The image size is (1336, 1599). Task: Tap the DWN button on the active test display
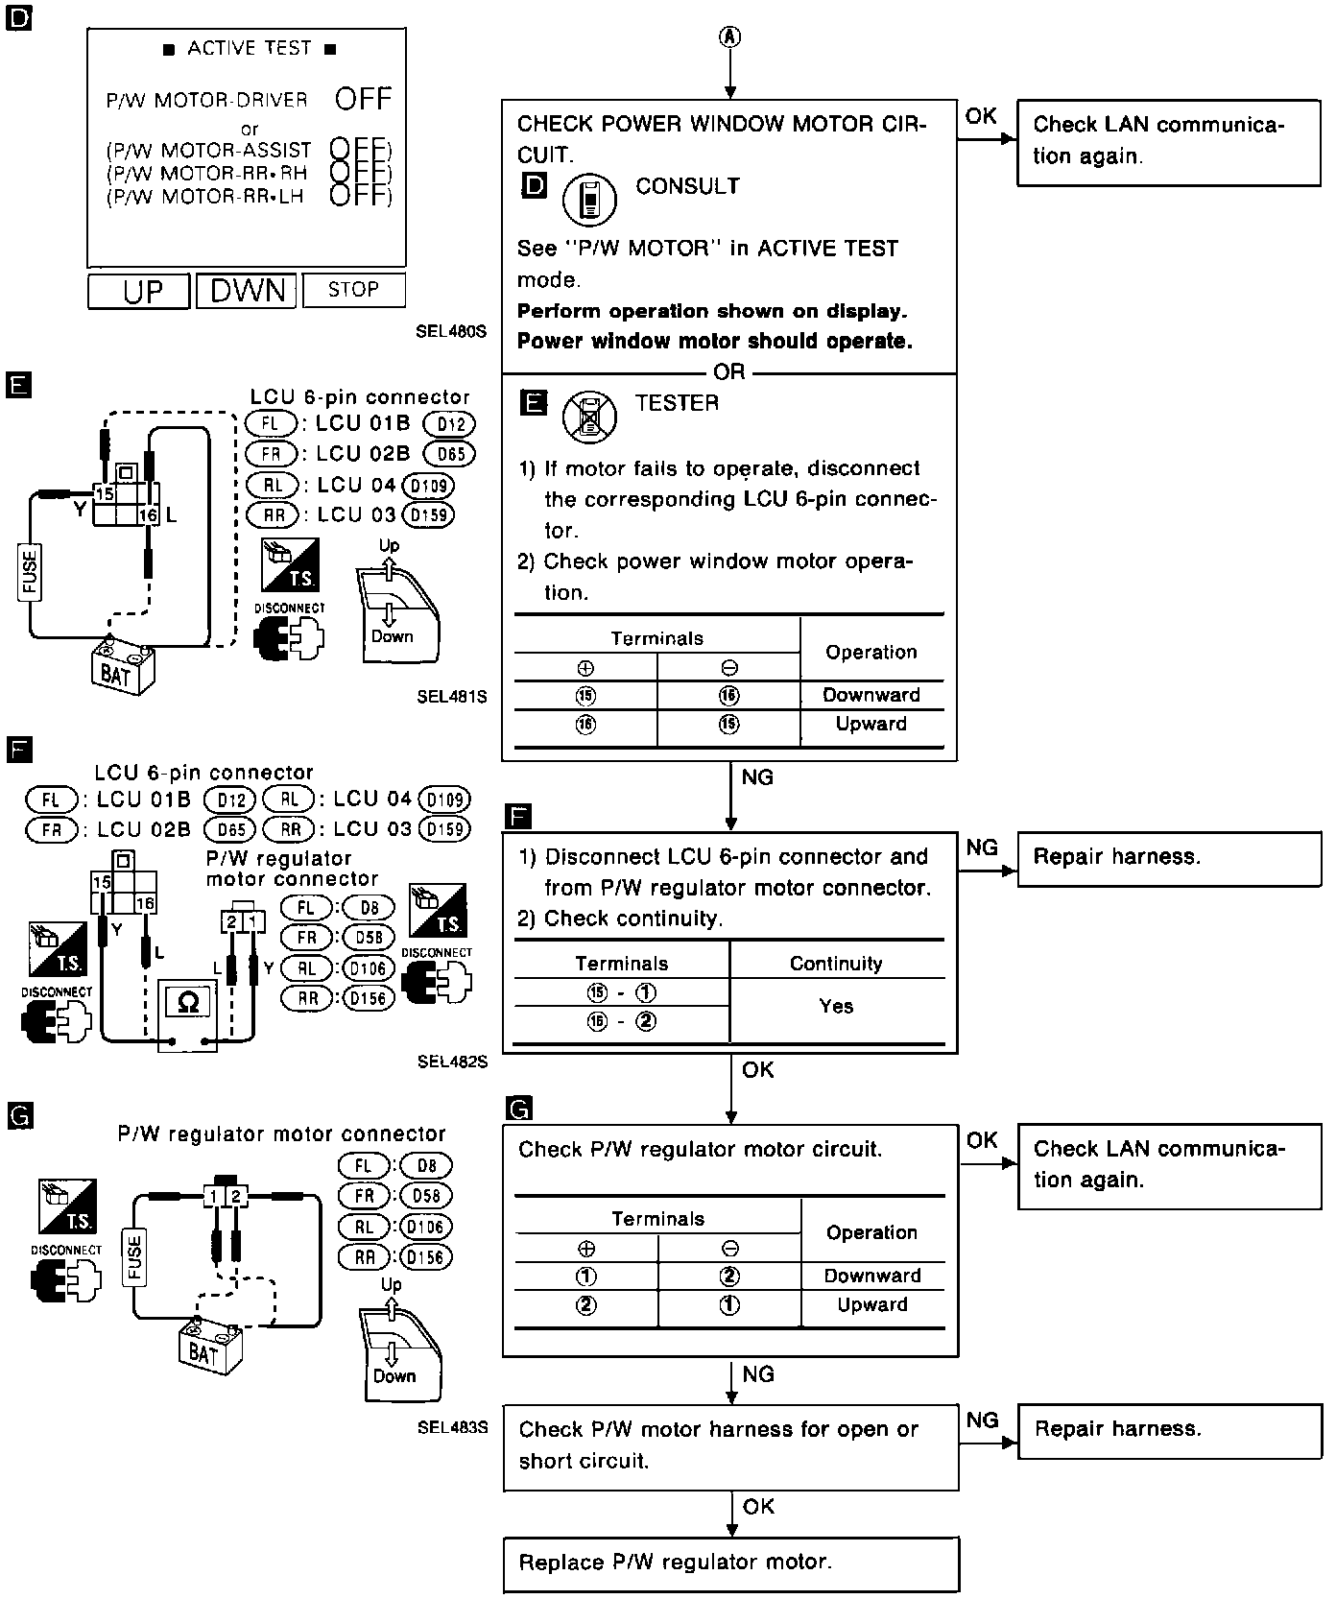(248, 290)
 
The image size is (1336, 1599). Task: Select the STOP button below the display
(353, 289)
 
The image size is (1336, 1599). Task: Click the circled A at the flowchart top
(730, 36)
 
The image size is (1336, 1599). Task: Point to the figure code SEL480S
(451, 332)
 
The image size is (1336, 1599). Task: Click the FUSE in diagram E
(30, 572)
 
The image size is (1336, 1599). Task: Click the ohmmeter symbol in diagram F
(188, 1003)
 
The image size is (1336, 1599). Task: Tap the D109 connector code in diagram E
(428, 486)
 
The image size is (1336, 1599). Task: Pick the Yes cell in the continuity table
(836, 1006)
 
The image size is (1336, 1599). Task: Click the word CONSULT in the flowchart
(687, 186)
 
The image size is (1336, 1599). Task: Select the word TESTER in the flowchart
(677, 403)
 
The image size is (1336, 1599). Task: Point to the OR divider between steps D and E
(729, 373)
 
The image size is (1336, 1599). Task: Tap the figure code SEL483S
(452, 1427)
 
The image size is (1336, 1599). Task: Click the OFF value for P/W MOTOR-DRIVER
(364, 99)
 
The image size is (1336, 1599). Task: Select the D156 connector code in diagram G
(424, 1256)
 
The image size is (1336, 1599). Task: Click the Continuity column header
(836, 964)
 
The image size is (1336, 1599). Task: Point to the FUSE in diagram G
(133, 1258)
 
